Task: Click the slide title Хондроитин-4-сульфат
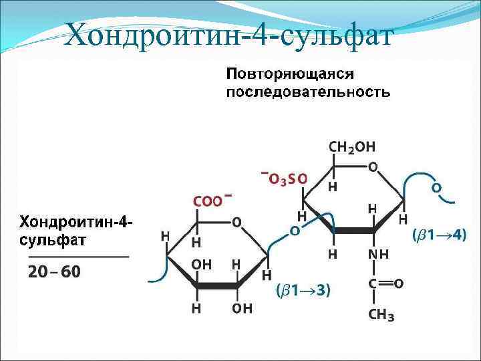point(227,33)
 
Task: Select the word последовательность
point(308,92)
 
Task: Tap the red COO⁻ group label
point(213,200)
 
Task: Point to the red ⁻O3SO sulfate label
point(285,178)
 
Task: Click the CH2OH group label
point(352,147)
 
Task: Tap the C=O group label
point(385,284)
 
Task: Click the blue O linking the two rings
point(295,230)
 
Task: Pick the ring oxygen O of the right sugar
point(372,166)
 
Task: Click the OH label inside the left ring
point(202,264)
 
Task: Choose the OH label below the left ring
point(243,308)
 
